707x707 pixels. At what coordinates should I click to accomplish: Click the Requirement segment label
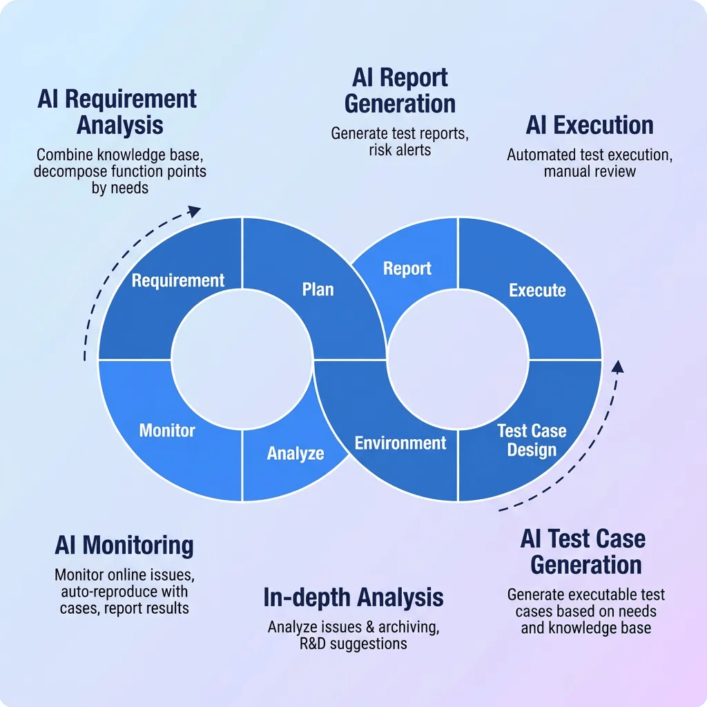click(178, 280)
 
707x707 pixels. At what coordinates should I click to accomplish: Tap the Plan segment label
click(318, 289)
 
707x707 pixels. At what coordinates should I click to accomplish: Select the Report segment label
click(407, 269)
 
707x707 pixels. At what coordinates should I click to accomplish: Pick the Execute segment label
click(537, 290)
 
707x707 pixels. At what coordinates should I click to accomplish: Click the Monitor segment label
click(167, 431)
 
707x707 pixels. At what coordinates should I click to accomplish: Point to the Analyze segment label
click(296, 453)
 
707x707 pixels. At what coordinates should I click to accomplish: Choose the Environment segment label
click(400, 443)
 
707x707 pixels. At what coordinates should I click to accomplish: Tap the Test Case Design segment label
click(532, 440)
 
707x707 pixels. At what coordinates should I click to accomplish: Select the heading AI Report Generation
click(400, 90)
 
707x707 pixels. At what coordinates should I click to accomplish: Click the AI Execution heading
click(589, 125)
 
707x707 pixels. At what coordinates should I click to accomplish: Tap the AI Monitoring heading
click(124, 545)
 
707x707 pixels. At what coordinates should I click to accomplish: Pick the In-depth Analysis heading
click(353, 597)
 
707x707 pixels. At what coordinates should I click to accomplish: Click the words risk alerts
click(400, 150)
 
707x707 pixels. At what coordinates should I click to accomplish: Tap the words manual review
click(589, 171)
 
